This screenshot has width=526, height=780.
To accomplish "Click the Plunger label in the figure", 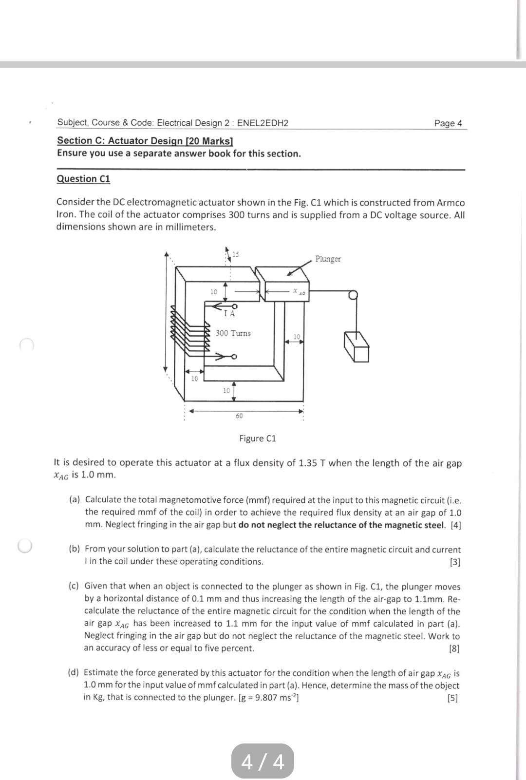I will [328, 259].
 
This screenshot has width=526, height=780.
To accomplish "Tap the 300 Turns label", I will [233, 333].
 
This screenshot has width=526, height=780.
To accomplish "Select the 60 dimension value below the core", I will [239, 416].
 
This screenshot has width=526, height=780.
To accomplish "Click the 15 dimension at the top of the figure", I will [236, 254].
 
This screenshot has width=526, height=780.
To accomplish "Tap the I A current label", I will [229, 314].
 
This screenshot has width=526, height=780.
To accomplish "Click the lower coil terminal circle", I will [234, 357].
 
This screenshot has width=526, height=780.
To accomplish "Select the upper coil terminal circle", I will [234, 306].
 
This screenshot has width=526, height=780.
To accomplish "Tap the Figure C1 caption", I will [257, 438].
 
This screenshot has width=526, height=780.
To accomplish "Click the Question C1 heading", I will [83, 179].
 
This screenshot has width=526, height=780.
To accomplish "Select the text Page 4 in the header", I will [448, 123].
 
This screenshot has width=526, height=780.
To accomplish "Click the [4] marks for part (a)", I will [455, 525].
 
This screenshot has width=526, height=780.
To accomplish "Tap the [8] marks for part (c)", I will [454, 648].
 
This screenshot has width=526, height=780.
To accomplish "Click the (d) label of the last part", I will [74, 673].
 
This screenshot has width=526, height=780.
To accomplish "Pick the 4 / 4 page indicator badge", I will [263, 761].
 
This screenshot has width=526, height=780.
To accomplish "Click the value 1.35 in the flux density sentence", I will [308, 463].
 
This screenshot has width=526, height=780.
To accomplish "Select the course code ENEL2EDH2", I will [263, 123].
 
